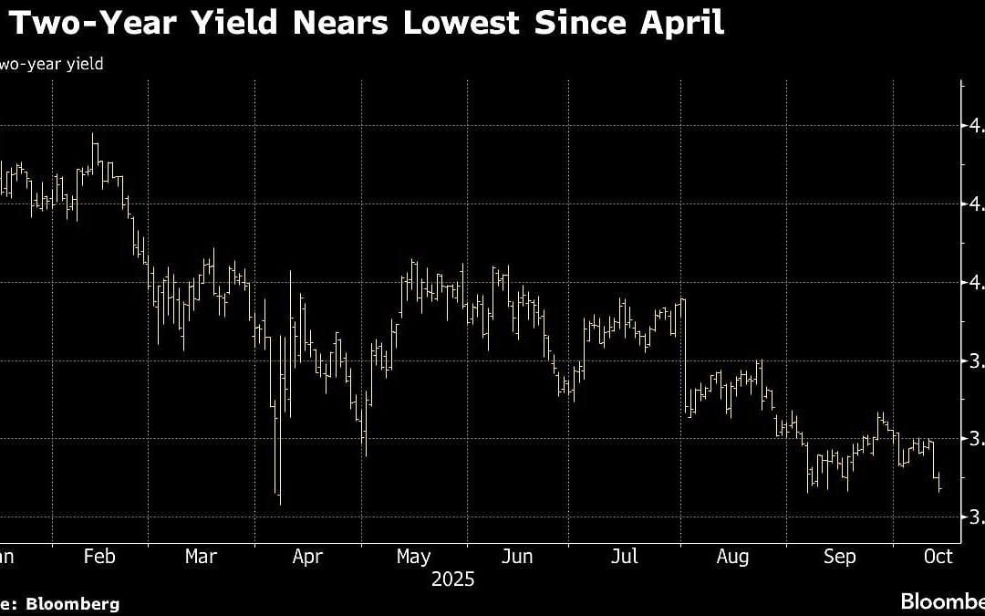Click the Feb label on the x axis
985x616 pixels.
pyautogui.click(x=98, y=557)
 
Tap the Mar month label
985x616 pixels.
pyautogui.click(x=201, y=557)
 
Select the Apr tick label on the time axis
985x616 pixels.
pyautogui.click(x=306, y=557)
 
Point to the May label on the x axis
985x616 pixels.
pyautogui.click(x=414, y=557)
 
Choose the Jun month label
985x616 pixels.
pyautogui.click(x=518, y=557)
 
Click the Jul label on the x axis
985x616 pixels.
pyautogui.click(x=626, y=557)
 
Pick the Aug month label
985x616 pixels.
pyautogui.click(x=732, y=557)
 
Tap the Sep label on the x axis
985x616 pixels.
pyautogui.click(x=839, y=557)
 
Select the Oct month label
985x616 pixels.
pyautogui.click(x=938, y=557)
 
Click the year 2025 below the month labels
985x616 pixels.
pyautogui.click(x=453, y=579)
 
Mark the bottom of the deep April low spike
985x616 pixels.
pyautogui.click(x=279, y=504)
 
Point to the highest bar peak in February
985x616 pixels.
pyautogui.click(x=93, y=135)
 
